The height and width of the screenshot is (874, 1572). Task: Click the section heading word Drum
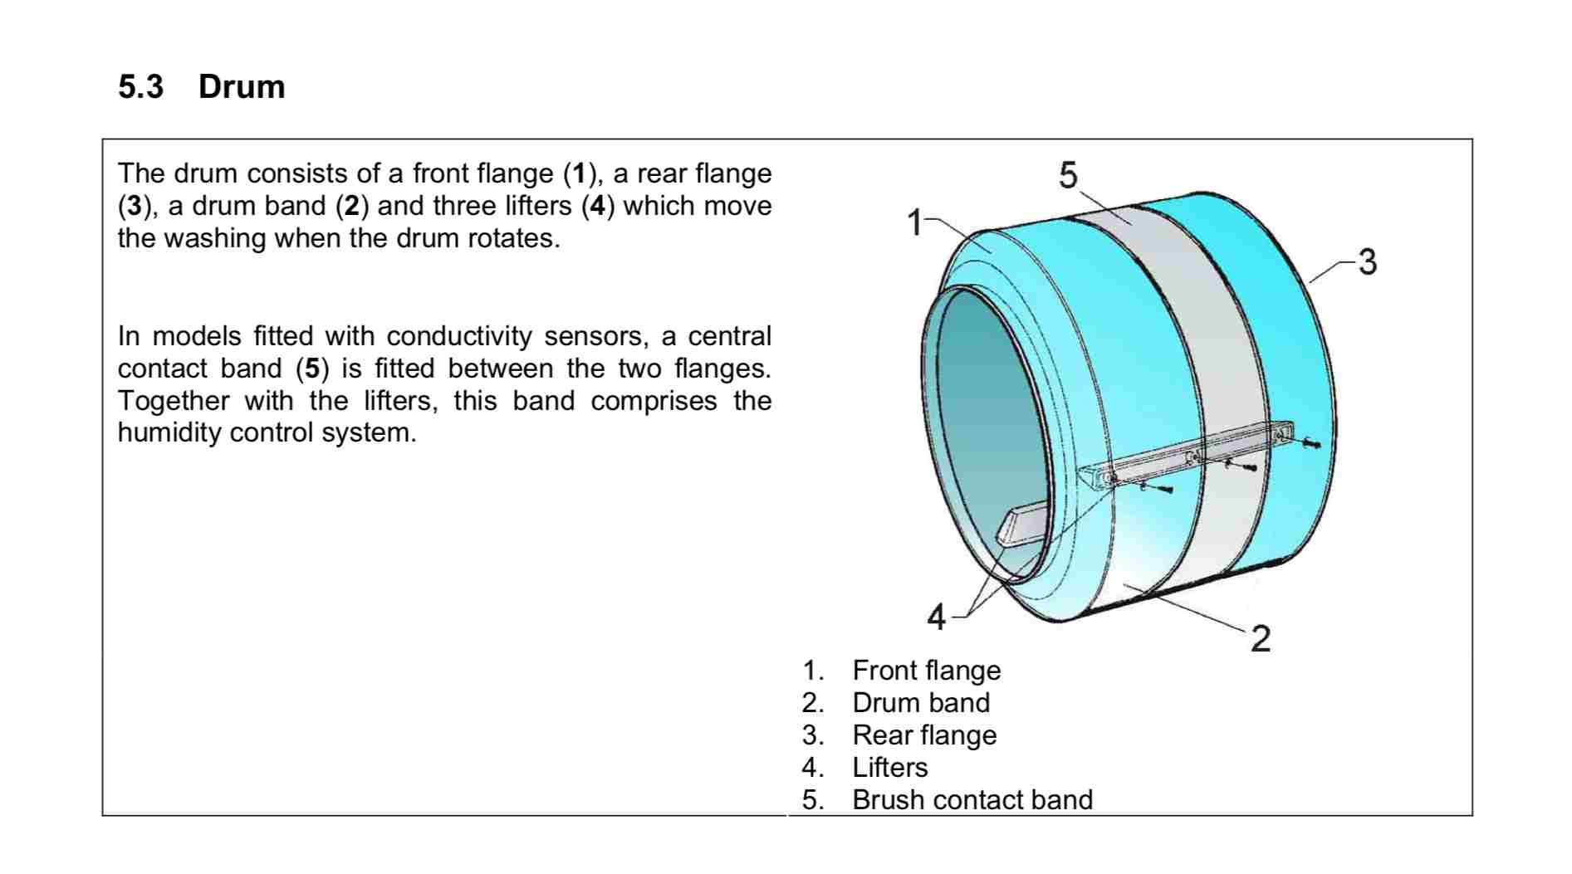[x=242, y=86]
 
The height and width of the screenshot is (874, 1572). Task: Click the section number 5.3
[x=141, y=86]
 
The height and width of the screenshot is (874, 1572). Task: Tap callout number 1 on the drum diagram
[x=914, y=222]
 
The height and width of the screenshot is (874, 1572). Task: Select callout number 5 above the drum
[x=1068, y=175]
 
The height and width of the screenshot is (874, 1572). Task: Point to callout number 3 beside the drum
[x=1367, y=261]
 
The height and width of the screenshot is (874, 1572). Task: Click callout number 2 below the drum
[x=1261, y=638]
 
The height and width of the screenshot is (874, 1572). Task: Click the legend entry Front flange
[x=926, y=670]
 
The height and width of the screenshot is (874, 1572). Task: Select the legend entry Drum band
[x=921, y=702]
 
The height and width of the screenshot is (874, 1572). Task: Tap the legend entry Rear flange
[x=924, y=735]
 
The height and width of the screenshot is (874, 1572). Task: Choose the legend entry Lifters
[x=890, y=767]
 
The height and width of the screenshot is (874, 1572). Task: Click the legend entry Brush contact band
[x=972, y=799]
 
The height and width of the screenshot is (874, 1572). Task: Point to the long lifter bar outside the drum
[x=1186, y=455]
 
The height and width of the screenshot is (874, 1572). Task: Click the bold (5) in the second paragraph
[x=312, y=369]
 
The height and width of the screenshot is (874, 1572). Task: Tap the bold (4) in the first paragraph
[x=598, y=206]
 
